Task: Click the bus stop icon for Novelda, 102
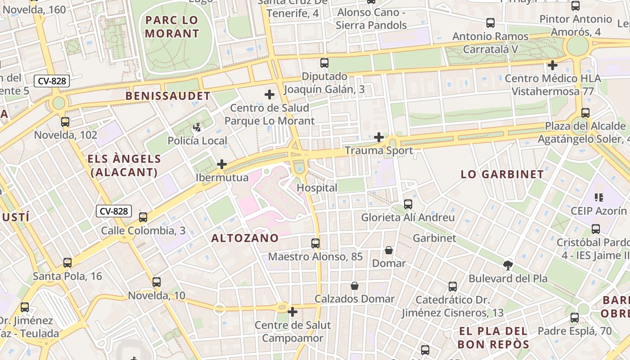pyautogui.click(x=65, y=121)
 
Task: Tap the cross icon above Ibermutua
pyautogui.click(x=222, y=164)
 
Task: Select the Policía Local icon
pyautogui.click(x=197, y=128)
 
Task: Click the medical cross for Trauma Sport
pyautogui.click(x=379, y=137)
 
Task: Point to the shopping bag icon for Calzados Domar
pyautogui.click(x=355, y=286)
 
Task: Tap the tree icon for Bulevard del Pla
pyautogui.click(x=508, y=265)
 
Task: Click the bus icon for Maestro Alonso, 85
pyautogui.click(x=315, y=243)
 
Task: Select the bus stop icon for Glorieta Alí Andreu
pyautogui.click(x=408, y=204)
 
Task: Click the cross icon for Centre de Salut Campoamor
pyautogui.click(x=292, y=311)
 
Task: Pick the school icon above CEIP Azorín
pyautogui.click(x=598, y=197)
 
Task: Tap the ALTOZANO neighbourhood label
pyautogui.click(x=245, y=238)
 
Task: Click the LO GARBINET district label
pyautogui.click(x=502, y=175)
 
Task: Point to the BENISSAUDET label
pyautogui.click(x=168, y=96)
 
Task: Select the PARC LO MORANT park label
pyautogui.click(x=172, y=27)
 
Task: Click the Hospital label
pyautogui.click(x=317, y=188)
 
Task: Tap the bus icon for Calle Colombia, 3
pyautogui.click(x=143, y=217)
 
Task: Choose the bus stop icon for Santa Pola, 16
pyautogui.click(x=67, y=263)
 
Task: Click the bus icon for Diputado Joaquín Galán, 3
pyautogui.click(x=324, y=63)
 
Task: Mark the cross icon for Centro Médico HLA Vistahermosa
pyautogui.click(x=553, y=65)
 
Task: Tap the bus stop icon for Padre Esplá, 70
pyautogui.click(x=575, y=318)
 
